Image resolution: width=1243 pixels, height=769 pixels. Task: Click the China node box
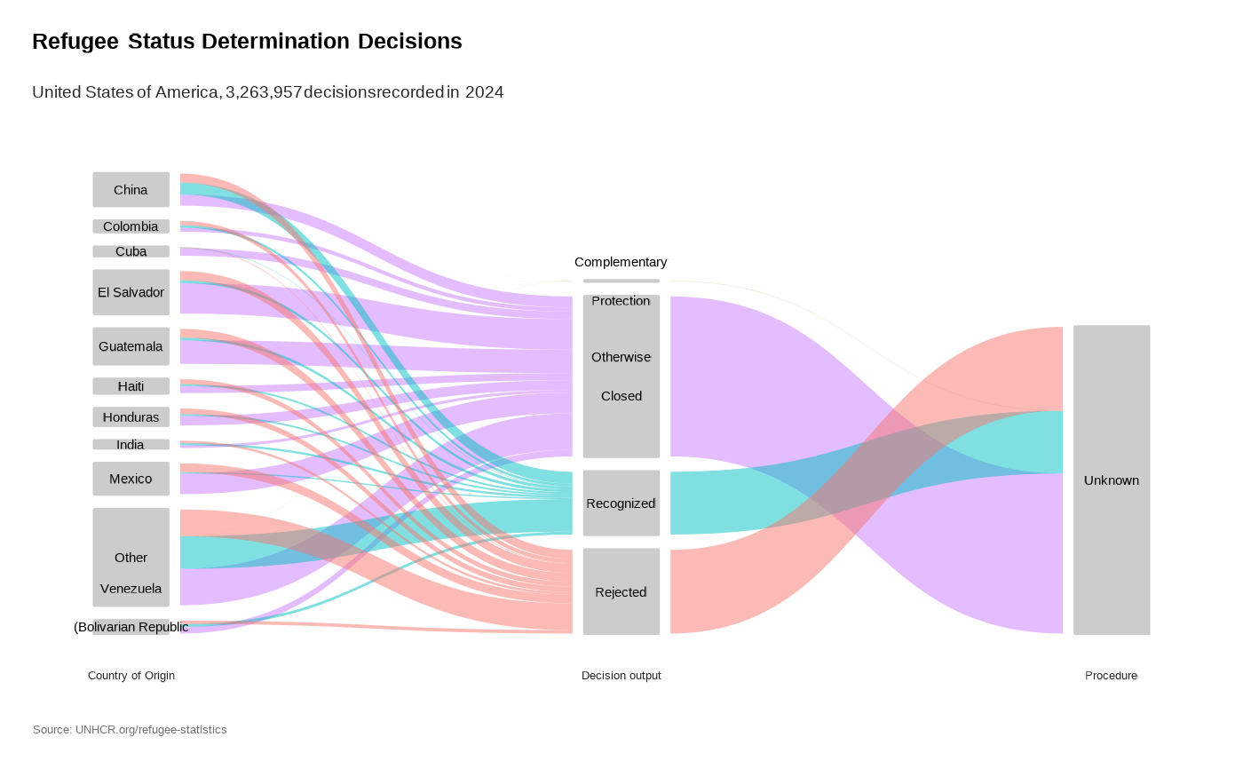[x=131, y=190]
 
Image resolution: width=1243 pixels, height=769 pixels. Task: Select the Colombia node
[x=131, y=226]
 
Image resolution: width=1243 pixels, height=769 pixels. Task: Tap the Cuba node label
[x=131, y=251]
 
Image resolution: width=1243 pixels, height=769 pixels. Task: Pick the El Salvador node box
[x=131, y=292]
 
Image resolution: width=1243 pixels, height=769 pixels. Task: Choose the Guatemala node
[x=131, y=346]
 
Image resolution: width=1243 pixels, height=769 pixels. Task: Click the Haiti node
[x=131, y=386]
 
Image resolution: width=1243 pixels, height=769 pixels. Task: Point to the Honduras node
[x=131, y=417]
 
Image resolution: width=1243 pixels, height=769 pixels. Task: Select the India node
[x=131, y=445]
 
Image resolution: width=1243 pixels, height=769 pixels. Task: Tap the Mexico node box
[x=131, y=479]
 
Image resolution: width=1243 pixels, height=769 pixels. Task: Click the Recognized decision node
[x=621, y=503]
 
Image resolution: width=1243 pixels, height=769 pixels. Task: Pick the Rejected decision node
[x=621, y=592]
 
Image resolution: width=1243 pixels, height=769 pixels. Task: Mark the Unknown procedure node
[x=1112, y=480]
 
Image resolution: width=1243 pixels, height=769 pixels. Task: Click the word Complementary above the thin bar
[x=621, y=262]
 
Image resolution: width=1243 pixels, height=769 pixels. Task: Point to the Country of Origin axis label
[x=131, y=676]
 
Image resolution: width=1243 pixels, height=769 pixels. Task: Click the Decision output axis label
[x=621, y=676]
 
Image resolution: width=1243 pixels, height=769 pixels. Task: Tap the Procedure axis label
[x=1111, y=676]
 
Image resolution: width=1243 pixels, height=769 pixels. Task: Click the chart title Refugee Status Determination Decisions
[x=247, y=42]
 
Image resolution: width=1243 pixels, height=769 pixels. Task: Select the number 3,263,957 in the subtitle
[x=264, y=92]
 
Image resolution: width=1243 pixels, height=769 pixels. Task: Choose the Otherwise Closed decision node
[x=621, y=377]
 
